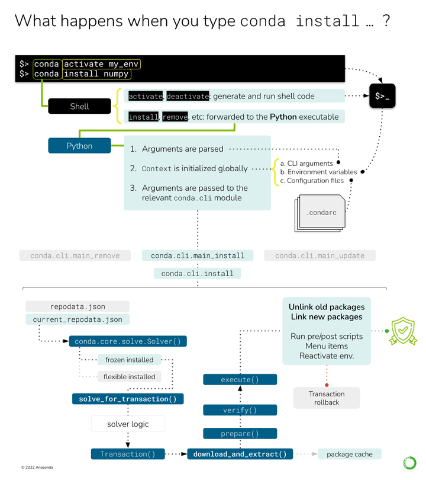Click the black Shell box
(x=79, y=106)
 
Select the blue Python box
(x=79, y=146)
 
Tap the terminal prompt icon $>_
(x=382, y=95)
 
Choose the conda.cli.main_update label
(x=319, y=255)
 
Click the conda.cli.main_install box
(x=198, y=255)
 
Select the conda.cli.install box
(x=198, y=273)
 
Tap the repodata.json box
(x=78, y=306)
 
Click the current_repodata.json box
(x=78, y=319)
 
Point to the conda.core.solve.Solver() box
(x=128, y=341)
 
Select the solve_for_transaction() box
(x=128, y=399)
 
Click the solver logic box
(x=128, y=424)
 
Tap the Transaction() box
(x=128, y=454)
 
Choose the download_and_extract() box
(x=240, y=454)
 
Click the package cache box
(x=350, y=454)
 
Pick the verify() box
(x=240, y=410)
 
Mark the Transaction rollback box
(x=327, y=398)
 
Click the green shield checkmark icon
(x=402, y=329)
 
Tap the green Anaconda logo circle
(x=409, y=462)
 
